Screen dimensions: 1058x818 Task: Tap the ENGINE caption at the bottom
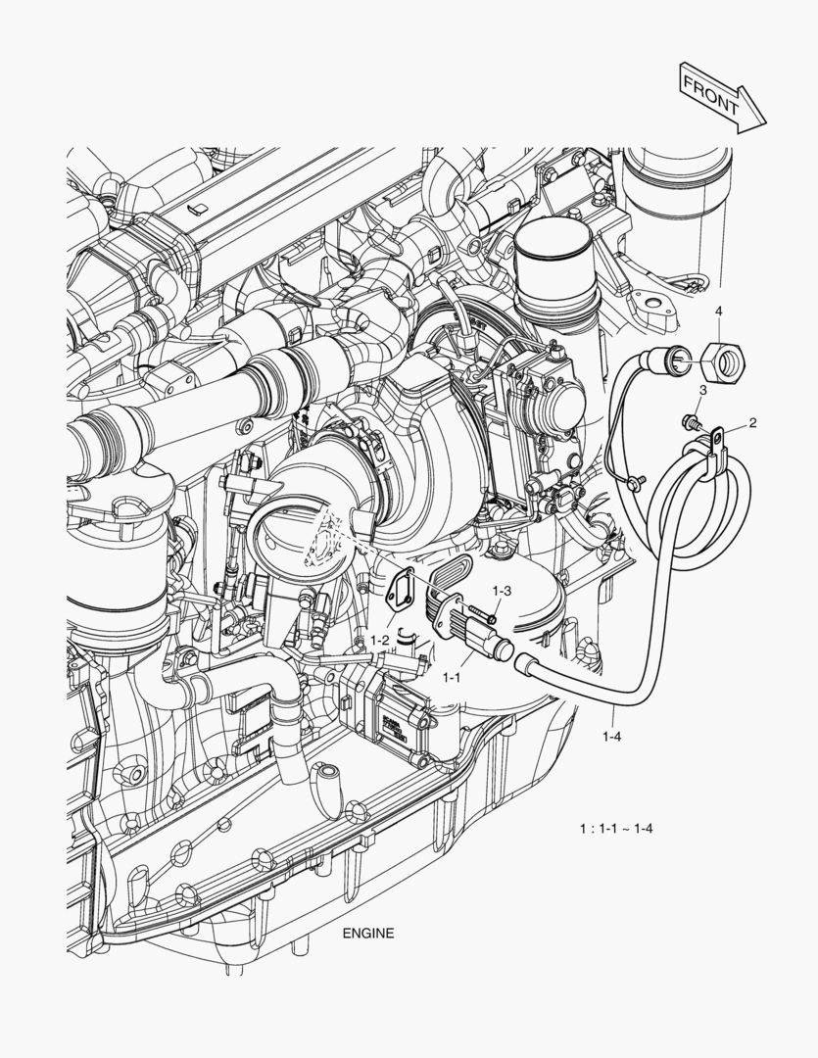pyautogui.click(x=368, y=934)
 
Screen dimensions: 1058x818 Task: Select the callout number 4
pyautogui.click(x=718, y=312)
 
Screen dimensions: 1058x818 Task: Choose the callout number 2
pyautogui.click(x=752, y=423)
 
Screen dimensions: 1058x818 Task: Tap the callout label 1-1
pyautogui.click(x=453, y=676)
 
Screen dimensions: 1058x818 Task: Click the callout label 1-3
pyautogui.click(x=502, y=591)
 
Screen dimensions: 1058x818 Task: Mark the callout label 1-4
pyautogui.click(x=612, y=734)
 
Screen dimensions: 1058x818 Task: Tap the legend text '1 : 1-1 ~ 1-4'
pyautogui.click(x=616, y=829)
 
